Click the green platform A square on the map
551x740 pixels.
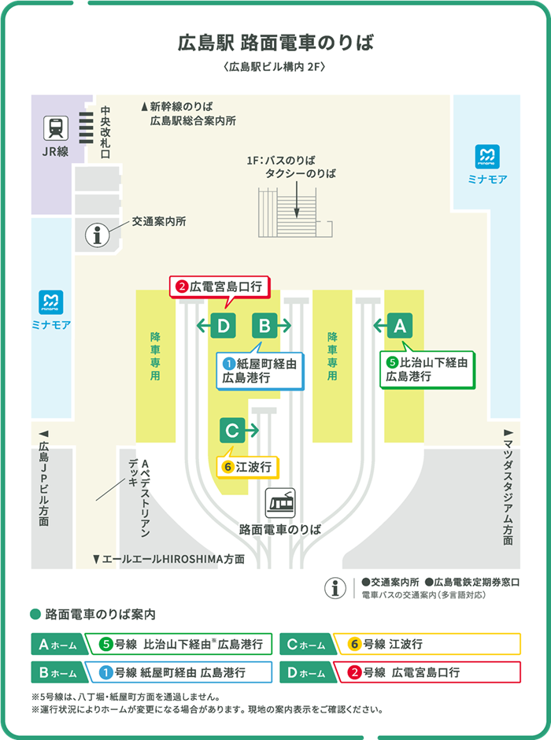point(400,325)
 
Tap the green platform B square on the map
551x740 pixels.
point(265,325)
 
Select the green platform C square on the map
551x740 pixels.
point(232,431)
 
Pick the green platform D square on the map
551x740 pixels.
point(224,325)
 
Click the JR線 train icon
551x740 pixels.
point(55,128)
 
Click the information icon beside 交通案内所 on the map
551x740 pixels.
point(98,234)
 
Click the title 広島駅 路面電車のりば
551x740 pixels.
point(275,42)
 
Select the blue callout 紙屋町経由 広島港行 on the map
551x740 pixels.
point(261,370)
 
